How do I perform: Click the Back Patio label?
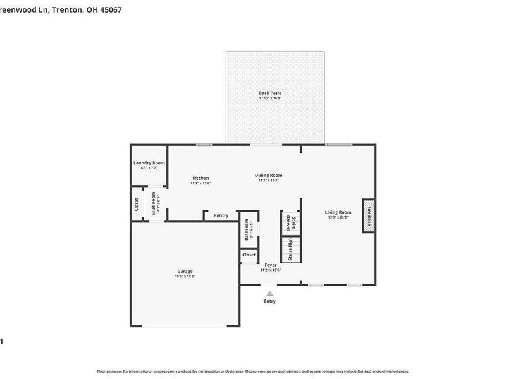pos(270,93)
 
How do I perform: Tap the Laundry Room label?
pos(149,163)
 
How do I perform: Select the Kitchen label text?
pos(201,178)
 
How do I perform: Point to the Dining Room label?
pos(269,175)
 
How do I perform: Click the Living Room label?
pos(338,212)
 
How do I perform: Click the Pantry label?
pos(221,215)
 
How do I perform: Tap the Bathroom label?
pos(247,230)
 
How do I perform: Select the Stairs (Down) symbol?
pos(290,223)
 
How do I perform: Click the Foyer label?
pos(270,265)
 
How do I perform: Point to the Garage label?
pos(185,271)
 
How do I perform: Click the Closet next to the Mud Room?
pos(136,205)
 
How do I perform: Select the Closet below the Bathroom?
pos(249,255)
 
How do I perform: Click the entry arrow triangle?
pos(270,293)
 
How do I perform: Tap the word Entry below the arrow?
pos(270,301)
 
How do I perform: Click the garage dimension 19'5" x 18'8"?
pos(185,276)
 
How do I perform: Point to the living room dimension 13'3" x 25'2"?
pos(338,217)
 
